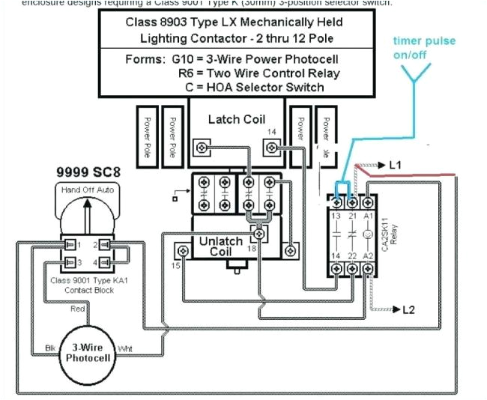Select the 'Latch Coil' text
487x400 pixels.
tap(237, 119)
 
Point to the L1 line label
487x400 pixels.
tap(395, 163)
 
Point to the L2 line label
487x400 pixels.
tap(408, 309)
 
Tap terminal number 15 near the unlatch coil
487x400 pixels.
tap(175, 266)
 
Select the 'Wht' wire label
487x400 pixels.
tap(125, 349)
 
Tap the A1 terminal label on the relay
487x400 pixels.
tap(367, 216)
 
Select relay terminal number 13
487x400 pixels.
tap(336, 216)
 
